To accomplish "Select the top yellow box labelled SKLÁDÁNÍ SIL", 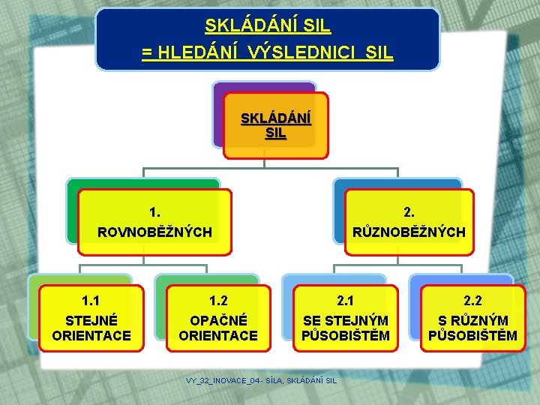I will (276, 126).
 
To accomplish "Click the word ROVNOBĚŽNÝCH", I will (155, 232).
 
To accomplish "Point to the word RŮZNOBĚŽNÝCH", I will (409, 232).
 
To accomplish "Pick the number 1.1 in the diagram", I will (91, 301).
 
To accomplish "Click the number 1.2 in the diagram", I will (218, 301).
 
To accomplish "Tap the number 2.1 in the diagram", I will (345, 301).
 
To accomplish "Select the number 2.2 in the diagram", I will (472, 301).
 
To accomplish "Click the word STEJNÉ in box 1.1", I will (91, 320).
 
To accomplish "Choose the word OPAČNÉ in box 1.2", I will (218, 320).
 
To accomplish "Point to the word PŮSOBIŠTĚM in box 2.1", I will (345, 336).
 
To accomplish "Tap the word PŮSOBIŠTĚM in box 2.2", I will (472, 336).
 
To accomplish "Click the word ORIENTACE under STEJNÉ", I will (91, 335).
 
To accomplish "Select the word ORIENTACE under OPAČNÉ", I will (218, 335).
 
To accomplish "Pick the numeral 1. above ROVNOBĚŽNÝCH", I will (155, 211).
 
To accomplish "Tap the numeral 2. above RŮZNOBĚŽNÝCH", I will (409, 211).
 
